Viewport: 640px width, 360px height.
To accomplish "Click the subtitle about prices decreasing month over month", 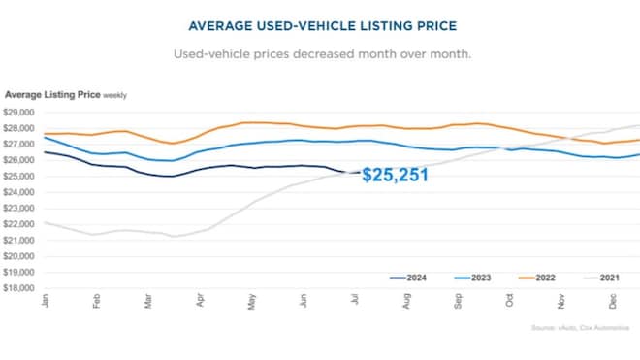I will point(320,53).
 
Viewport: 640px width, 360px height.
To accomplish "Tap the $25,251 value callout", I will point(395,178).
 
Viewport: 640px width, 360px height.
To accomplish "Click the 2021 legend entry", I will point(593,278).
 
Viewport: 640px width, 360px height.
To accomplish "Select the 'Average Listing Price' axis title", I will point(50,94).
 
